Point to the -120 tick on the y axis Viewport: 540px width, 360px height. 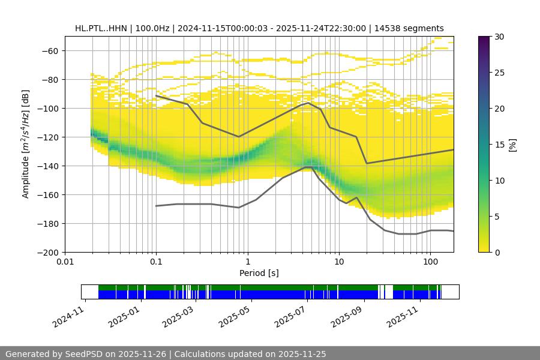pyautogui.click(x=49, y=137)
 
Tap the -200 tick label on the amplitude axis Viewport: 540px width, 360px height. pyautogui.click(x=49, y=253)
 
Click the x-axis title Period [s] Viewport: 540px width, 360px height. pyautogui.click(x=259, y=274)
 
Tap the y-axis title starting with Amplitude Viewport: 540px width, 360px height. pyautogui.click(x=26, y=144)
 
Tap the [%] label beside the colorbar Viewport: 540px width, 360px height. pyautogui.click(x=513, y=145)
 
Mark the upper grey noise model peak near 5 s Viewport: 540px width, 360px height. pyautogui.click(x=308, y=103)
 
